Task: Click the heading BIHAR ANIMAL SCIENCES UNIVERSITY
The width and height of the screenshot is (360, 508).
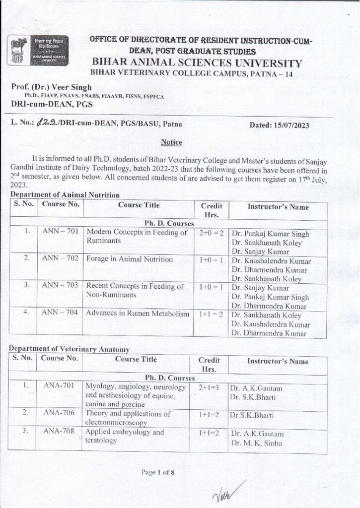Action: (x=197, y=63)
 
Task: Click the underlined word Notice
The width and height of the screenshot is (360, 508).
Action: (x=172, y=142)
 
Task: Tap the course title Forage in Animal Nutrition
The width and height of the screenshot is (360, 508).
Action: (x=129, y=259)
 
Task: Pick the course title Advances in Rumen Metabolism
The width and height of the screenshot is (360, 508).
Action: (x=138, y=314)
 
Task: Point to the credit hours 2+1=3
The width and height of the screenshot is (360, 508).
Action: (x=209, y=386)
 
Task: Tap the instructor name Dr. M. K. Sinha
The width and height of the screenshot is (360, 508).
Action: (x=255, y=443)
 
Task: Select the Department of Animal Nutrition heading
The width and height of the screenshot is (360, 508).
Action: (x=65, y=195)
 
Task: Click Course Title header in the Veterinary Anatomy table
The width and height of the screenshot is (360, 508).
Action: (x=136, y=360)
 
